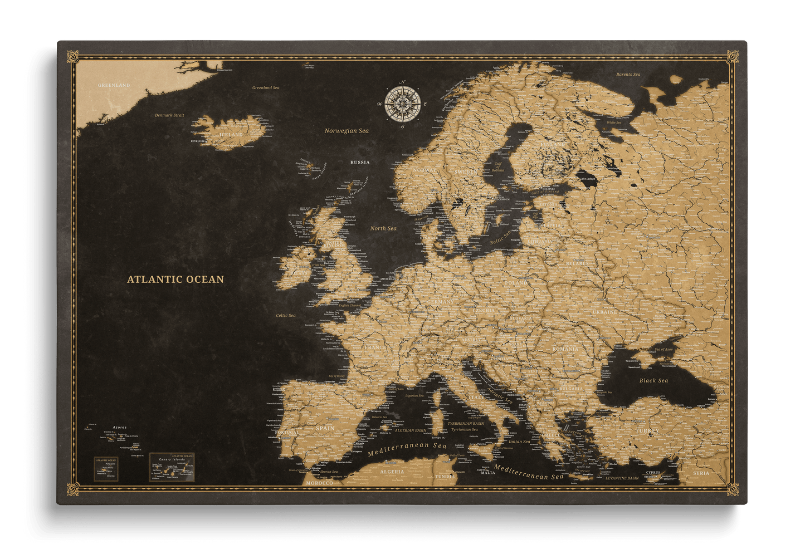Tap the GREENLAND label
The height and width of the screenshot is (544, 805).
coord(114,85)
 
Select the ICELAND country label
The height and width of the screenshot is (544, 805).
coord(231,135)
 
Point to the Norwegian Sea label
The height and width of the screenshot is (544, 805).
coord(347,131)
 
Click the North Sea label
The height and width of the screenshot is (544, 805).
coord(383,228)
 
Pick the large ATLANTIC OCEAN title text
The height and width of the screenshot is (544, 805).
coord(175,280)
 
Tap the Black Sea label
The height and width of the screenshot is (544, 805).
coord(653,381)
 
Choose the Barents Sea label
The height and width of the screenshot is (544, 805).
coord(628,74)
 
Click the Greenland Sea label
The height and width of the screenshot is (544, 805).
coord(266,87)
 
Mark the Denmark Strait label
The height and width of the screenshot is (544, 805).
coord(169,115)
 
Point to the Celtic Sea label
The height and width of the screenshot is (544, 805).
coord(286,315)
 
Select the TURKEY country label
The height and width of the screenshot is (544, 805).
coord(647,430)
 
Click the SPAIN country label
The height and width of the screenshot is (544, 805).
coord(325,428)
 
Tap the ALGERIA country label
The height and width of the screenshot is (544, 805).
coord(392,472)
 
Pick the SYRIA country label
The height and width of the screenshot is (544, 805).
coord(701,473)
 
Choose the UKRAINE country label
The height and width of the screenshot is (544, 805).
coord(604,312)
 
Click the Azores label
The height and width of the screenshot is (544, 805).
coord(120,427)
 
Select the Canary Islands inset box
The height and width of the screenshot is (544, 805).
coord(172,467)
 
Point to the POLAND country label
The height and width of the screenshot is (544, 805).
coord(516,283)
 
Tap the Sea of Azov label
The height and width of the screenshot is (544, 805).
coord(663,349)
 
